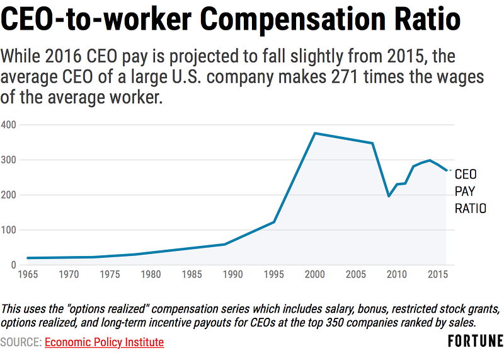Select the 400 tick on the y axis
coord(8,125)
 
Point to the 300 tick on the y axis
coord(8,160)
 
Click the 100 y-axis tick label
coord(8,230)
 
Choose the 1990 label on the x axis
coord(233,275)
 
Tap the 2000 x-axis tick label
coord(315,275)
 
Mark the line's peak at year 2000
coord(315,133)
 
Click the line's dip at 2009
coord(389,196)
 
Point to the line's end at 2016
coord(446,170)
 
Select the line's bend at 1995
coord(274,222)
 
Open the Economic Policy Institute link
coord(104,342)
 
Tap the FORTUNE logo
coord(475,342)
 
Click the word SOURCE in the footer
coord(21,342)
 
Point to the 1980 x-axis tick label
coord(151,275)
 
